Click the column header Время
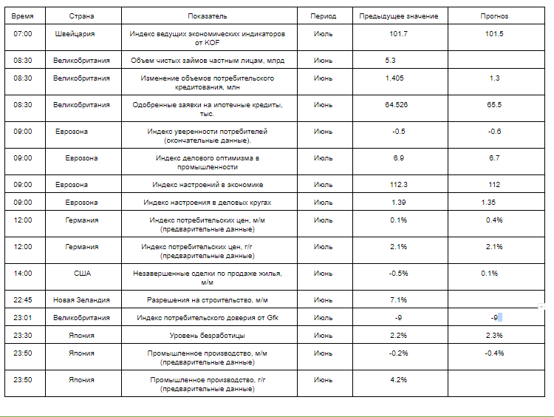(x=23, y=16)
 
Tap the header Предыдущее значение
(x=398, y=16)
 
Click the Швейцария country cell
(x=75, y=34)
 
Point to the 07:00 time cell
(x=23, y=34)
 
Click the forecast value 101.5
(x=494, y=34)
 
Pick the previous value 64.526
(x=397, y=105)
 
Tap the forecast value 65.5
(x=494, y=105)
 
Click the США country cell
(x=82, y=274)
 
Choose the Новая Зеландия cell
(x=81, y=300)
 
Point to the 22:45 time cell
(x=23, y=300)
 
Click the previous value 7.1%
(x=399, y=300)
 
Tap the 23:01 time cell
(x=23, y=318)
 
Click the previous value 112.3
(x=399, y=185)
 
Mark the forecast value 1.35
(x=488, y=203)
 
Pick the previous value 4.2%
(x=399, y=380)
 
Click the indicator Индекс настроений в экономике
(x=208, y=185)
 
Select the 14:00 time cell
(x=23, y=274)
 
